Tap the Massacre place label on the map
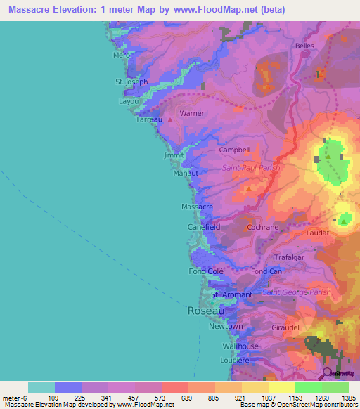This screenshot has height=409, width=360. click(197, 207)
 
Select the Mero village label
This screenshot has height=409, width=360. click(122, 55)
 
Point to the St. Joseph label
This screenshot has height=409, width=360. click(131, 82)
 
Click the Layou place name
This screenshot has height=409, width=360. click(129, 101)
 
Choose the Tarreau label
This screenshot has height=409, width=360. click(149, 119)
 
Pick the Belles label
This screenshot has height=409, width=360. click(304, 46)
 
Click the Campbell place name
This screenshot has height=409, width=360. click(234, 150)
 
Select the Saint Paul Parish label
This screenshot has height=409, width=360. click(251, 168)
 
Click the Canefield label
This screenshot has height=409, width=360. click(204, 228)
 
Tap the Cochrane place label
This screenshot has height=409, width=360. click(263, 228)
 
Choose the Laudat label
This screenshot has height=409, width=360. click(318, 231)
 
